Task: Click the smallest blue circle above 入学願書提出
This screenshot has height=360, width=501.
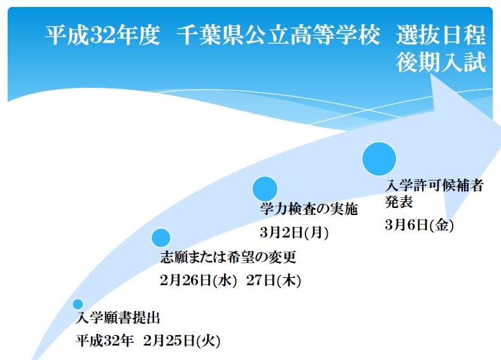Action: click(78, 304)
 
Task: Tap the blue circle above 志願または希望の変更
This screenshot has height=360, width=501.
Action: click(160, 238)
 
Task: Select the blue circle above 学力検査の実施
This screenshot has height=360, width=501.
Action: click(265, 189)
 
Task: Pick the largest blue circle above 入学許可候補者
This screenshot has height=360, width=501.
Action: click(379, 158)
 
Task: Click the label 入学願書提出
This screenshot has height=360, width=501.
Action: click(118, 318)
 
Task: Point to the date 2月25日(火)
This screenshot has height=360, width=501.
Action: click(182, 341)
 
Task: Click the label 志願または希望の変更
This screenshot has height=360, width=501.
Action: click(228, 257)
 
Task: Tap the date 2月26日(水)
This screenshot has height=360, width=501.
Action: click(198, 280)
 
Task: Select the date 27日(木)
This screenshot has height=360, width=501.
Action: click(274, 280)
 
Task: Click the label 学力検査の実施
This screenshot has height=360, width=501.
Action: click(309, 209)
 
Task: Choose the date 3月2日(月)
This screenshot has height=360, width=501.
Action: click(294, 232)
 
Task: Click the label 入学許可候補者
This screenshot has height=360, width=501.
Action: click(434, 186)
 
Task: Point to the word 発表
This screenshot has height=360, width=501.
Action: click(399, 202)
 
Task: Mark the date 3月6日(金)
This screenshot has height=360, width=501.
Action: click(420, 225)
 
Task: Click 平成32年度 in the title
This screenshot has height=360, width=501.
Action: click(102, 35)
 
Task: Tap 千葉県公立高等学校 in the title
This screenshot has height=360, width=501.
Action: click(278, 35)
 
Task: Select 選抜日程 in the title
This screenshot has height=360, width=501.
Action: click(441, 35)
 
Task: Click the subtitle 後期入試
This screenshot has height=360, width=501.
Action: click(441, 62)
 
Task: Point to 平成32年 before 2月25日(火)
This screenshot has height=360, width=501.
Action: click(104, 341)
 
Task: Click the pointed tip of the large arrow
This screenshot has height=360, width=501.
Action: click(500, 125)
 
